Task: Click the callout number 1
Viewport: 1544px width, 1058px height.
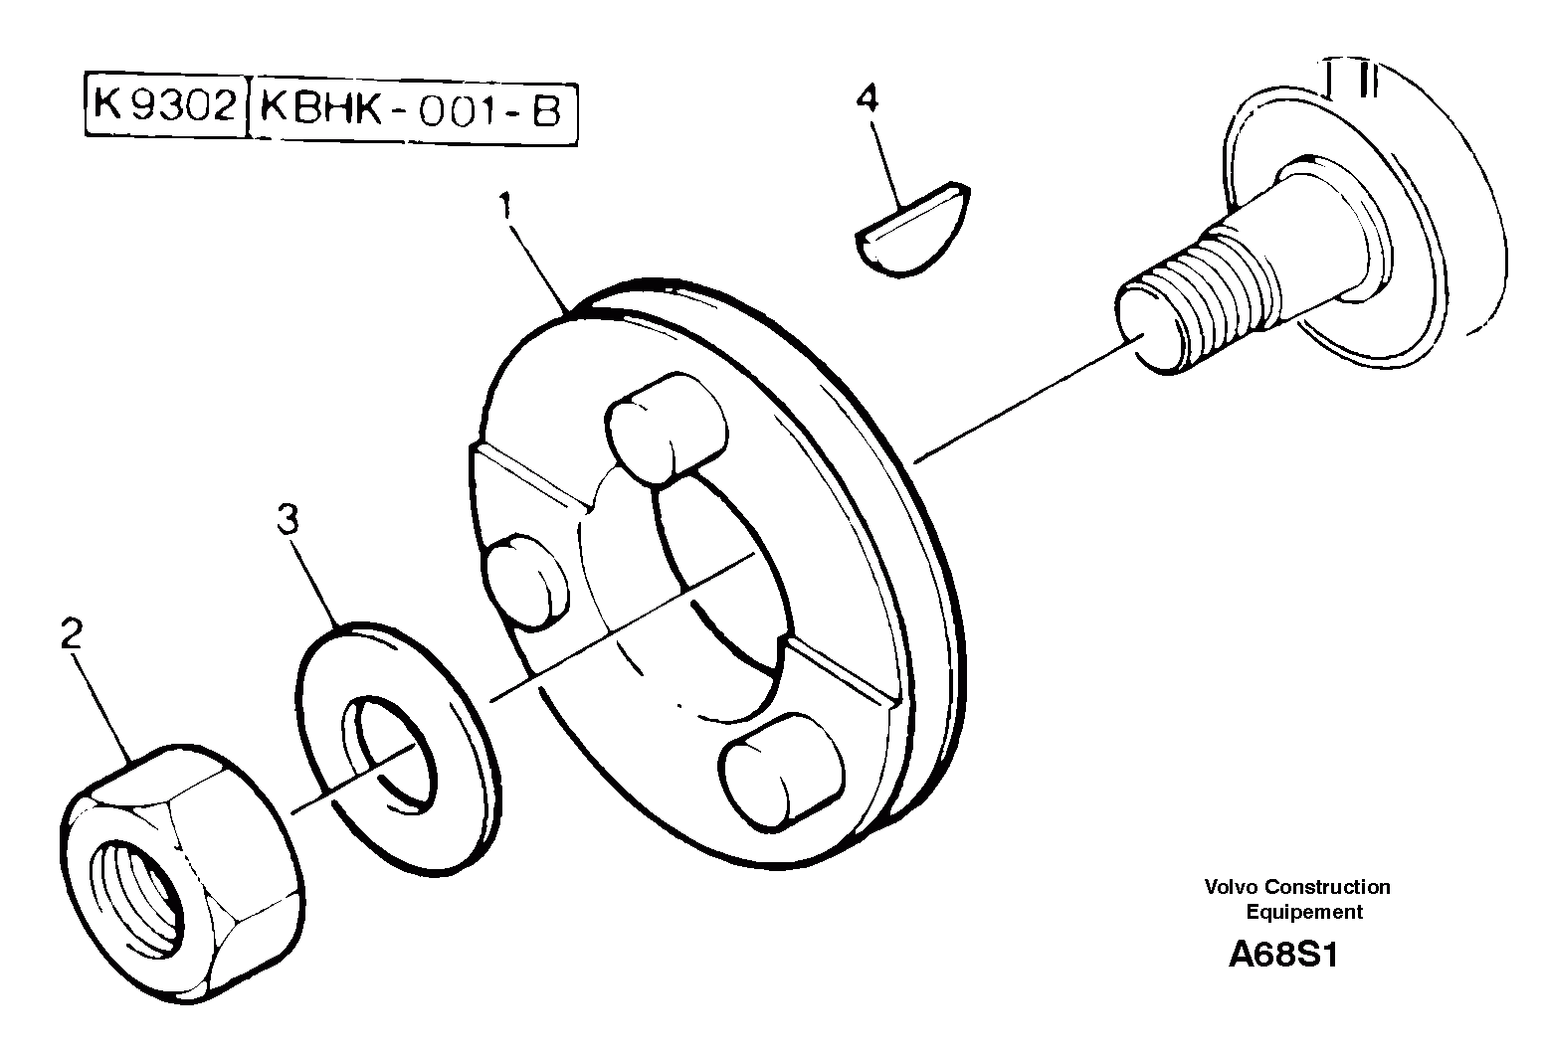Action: click(x=505, y=208)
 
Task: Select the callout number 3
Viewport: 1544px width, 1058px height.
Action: click(x=288, y=519)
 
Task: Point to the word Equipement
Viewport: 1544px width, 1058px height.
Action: click(x=1304, y=912)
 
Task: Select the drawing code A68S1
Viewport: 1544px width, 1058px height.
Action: click(x=1283, y=956)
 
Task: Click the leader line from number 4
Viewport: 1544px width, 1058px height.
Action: click(x=887, y=159)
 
